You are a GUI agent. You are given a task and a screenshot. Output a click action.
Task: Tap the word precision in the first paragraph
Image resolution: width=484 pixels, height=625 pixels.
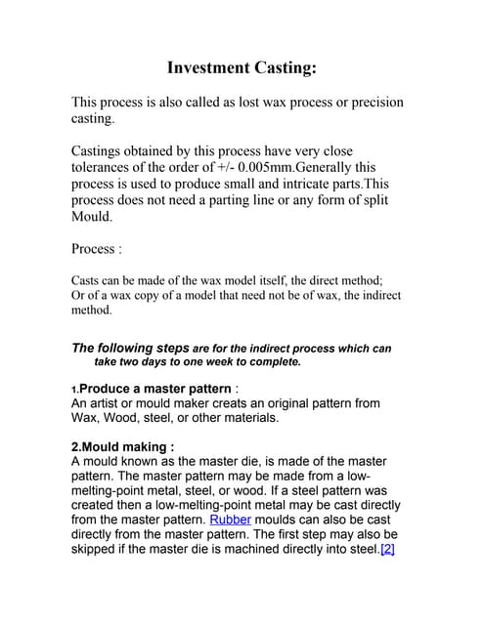coord(369,103)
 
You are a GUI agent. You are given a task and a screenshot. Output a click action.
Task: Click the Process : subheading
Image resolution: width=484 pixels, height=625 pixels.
coord(97,248)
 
